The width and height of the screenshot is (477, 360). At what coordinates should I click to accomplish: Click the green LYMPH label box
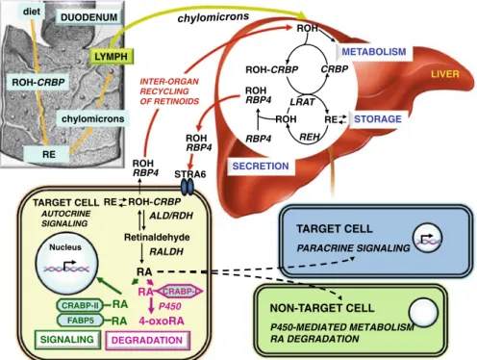(x=111, y=57)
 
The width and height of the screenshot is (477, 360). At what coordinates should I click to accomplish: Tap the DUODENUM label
(x=88, y=17)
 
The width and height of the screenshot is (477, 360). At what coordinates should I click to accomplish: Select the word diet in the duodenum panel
(x=32, y=12)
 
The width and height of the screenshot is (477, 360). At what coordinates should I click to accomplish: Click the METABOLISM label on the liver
(x=374, y=52)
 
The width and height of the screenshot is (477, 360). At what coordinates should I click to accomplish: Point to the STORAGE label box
(x=378, y=119)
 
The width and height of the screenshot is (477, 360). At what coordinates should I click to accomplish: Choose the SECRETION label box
(x=261, y=166)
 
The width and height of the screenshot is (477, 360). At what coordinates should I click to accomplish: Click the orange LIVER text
(x=444, y=74)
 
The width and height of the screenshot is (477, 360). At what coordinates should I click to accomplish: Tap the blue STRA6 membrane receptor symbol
(x=188, y=187)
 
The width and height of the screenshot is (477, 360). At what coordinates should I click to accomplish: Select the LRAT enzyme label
(x=302, y=102)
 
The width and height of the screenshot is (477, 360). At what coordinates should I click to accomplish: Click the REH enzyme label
(x=310, y=138)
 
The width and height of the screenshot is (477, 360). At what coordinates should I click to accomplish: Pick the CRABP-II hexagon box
(x=80, y=305)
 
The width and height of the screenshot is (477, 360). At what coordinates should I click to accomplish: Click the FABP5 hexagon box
(x=80, y=321)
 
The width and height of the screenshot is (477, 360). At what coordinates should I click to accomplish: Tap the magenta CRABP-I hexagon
(x=179, y=292)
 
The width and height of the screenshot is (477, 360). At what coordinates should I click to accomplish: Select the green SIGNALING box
(x=67, y=340)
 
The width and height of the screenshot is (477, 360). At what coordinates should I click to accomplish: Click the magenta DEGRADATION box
(x=147, y=340)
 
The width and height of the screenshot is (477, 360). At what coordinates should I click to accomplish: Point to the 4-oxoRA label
(x=162, y=321)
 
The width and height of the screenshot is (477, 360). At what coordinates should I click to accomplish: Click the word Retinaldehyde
(x=157, y=238)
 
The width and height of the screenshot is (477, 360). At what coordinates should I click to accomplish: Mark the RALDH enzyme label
(x=166, y=251)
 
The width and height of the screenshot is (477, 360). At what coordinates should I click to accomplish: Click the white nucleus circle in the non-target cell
(x=423, y=312)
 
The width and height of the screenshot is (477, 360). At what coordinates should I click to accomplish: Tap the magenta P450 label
(x=170, y=306)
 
